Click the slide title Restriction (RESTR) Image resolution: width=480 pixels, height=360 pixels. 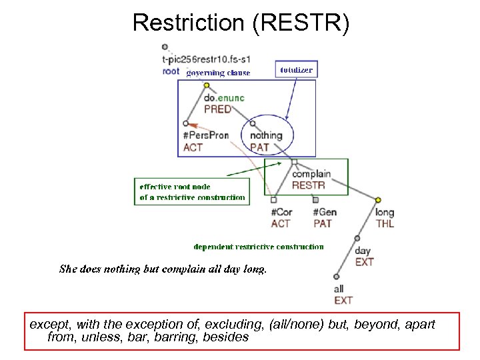(240, 22)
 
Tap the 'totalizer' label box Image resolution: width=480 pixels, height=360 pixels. (296, 69)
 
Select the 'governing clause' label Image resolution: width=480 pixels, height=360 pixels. (218, 73)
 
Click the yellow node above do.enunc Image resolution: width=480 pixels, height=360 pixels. (207, 85)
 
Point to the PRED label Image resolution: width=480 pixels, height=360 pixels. (217, 109)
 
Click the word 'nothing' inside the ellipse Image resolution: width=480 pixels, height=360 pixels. (266, 135)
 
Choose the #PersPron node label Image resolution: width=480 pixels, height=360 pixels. (205, 135)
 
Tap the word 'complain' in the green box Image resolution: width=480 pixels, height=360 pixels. (311, 174)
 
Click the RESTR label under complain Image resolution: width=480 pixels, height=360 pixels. (309, 185)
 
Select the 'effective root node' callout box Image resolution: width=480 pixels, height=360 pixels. (192, 192)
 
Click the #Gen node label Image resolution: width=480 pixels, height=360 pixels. (325, 213)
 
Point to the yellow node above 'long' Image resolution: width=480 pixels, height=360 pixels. (378, 199)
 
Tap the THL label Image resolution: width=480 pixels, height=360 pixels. (385, 224)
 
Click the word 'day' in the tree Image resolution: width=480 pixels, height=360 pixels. (363, 251)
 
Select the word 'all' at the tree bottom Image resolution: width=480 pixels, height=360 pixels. (339, 289)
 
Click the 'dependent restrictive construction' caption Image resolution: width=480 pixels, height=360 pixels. (259, 247)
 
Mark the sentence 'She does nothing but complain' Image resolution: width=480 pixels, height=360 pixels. (163, 269)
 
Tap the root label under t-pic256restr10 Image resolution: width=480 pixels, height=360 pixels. (171, 71)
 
